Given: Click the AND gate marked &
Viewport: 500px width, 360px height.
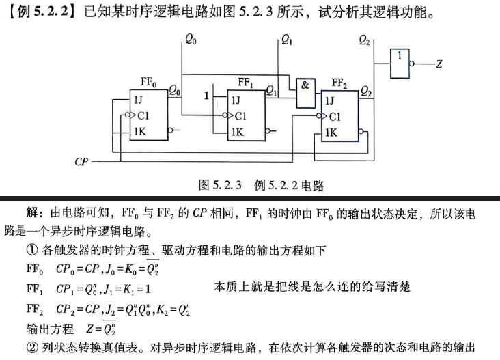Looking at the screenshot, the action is (306, 93).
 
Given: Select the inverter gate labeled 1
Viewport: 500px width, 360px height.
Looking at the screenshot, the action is (400, 64).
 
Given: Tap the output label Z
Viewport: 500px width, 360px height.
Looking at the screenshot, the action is (439, 64).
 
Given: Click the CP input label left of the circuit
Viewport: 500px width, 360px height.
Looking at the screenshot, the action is (81, 162).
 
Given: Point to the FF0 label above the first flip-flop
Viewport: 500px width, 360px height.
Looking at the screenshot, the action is (148, 82).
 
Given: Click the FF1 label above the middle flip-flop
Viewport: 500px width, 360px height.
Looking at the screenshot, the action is (245, 83).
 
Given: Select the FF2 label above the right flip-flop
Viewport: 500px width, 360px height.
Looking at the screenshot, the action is (339, 83).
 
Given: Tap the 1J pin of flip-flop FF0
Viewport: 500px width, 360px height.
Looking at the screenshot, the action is (139, 100).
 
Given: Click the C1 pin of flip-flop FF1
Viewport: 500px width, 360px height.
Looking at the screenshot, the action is (240, 116).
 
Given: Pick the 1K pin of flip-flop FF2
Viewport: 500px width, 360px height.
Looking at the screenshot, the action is (331, 133).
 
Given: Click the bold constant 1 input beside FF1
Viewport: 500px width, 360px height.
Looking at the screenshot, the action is (206, 96).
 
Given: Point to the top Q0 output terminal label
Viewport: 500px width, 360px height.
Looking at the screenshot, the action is (191, 40).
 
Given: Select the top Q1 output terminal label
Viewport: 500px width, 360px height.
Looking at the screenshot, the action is (286, 40).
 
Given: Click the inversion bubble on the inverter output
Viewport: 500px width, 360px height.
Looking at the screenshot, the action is (412, 64).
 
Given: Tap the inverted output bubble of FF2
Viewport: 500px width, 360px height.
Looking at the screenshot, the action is (361, 131).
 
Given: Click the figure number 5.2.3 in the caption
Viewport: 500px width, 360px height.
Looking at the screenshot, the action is (227, 185).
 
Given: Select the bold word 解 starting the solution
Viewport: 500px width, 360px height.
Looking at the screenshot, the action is (32, 212).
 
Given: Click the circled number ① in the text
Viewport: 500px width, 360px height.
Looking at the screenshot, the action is (32, 250).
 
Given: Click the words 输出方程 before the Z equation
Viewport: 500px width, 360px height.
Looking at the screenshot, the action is (50, 329).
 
